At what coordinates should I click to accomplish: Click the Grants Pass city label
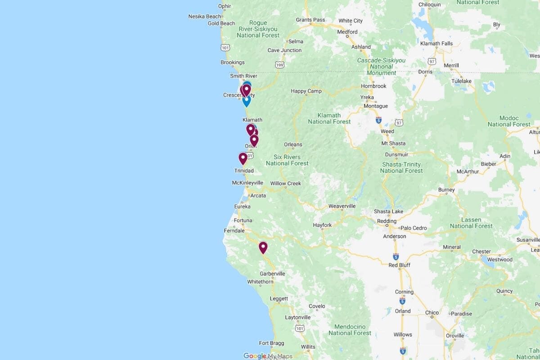310,20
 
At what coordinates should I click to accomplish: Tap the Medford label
347,32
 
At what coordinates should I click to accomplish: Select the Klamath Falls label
436,44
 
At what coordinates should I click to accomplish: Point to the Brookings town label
233,63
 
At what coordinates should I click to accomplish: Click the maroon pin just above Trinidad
243,158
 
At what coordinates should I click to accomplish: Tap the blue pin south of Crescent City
247,101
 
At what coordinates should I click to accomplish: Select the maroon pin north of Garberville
263,247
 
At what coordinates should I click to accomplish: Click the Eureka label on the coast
242,207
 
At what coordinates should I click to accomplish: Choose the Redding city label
387,221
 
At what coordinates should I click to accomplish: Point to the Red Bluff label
400,265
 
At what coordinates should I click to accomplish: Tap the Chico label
432,313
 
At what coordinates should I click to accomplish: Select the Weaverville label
342,206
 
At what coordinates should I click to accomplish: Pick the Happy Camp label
306,91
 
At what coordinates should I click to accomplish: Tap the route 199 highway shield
280,65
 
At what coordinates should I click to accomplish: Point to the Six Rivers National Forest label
287,160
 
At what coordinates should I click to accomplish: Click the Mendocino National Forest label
350,330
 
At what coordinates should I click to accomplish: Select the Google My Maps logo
268,356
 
